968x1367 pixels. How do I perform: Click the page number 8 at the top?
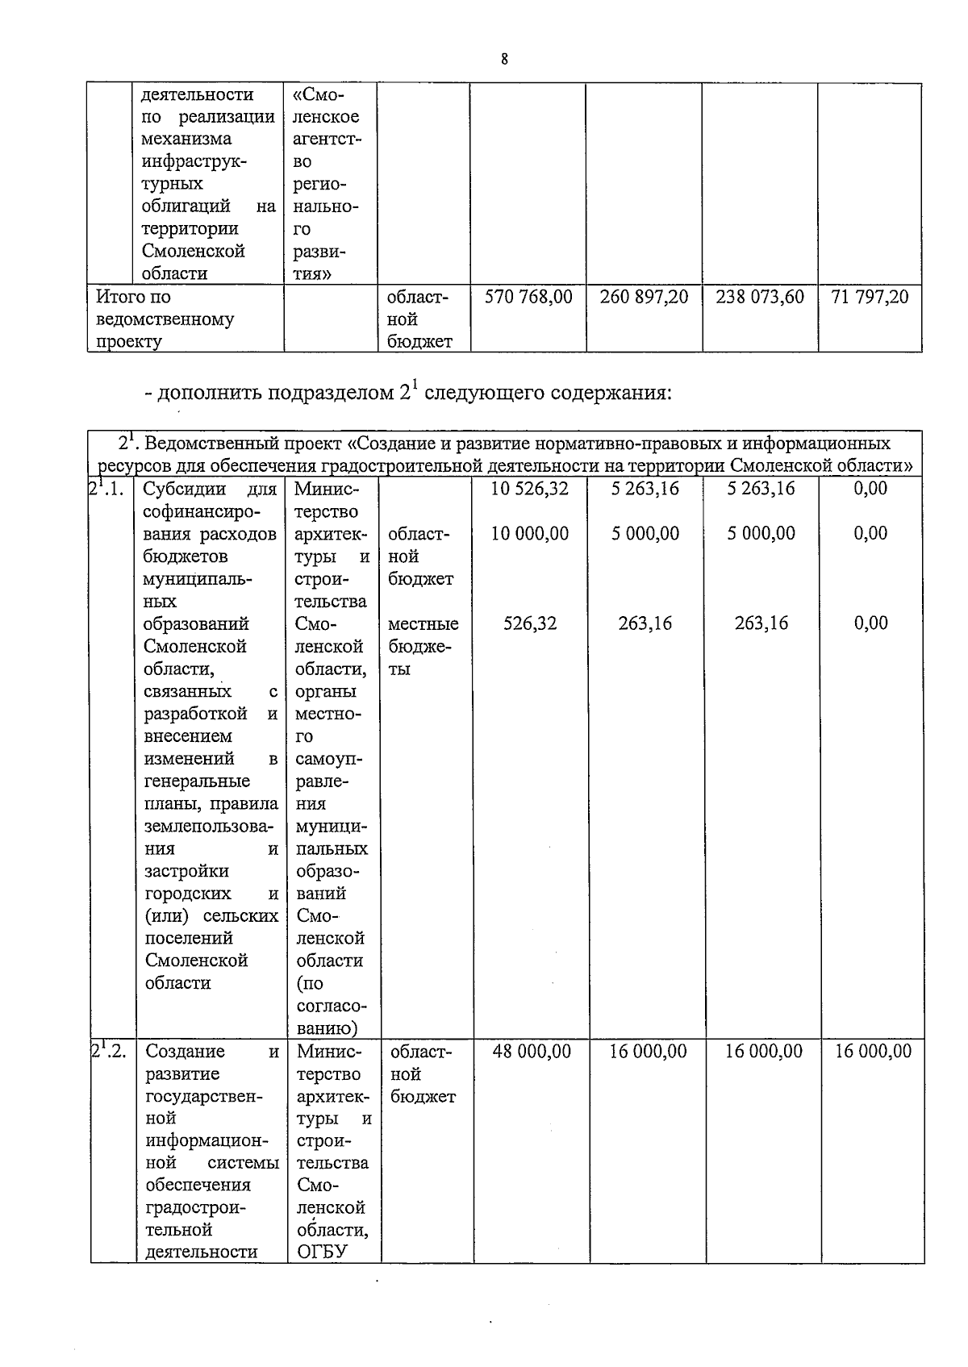coord(503,59)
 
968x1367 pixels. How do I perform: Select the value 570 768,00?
coord(528,297)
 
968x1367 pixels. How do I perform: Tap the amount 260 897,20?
coord(644,297)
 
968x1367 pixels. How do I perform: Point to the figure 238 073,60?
coord(760,297)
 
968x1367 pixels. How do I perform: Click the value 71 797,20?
coord(870,297)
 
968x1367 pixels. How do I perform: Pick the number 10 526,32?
coord(530,488)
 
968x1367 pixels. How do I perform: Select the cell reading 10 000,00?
coord(530,533)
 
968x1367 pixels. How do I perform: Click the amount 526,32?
coord(530,623)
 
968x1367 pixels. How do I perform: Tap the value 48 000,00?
coord(532,1051)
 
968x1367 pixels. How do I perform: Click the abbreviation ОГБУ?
coord(321,1252)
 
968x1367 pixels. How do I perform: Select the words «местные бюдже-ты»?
coord(422,646)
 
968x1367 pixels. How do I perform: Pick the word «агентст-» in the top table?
coord(328,139)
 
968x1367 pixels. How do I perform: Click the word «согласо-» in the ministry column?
coord(332,1006)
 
